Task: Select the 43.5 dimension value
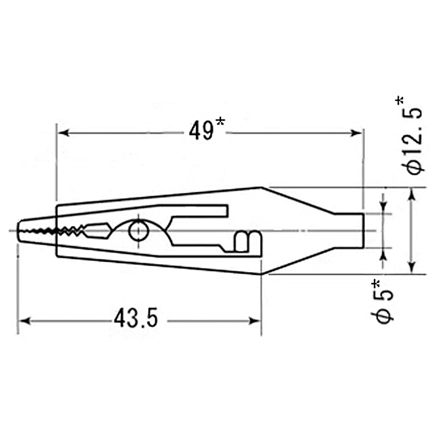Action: pos(136,318)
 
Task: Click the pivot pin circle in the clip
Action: pos(139,231)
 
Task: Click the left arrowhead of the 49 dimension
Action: pos(63,133)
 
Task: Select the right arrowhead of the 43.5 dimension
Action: pos(254,321)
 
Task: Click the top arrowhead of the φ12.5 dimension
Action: pos(412,194)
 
